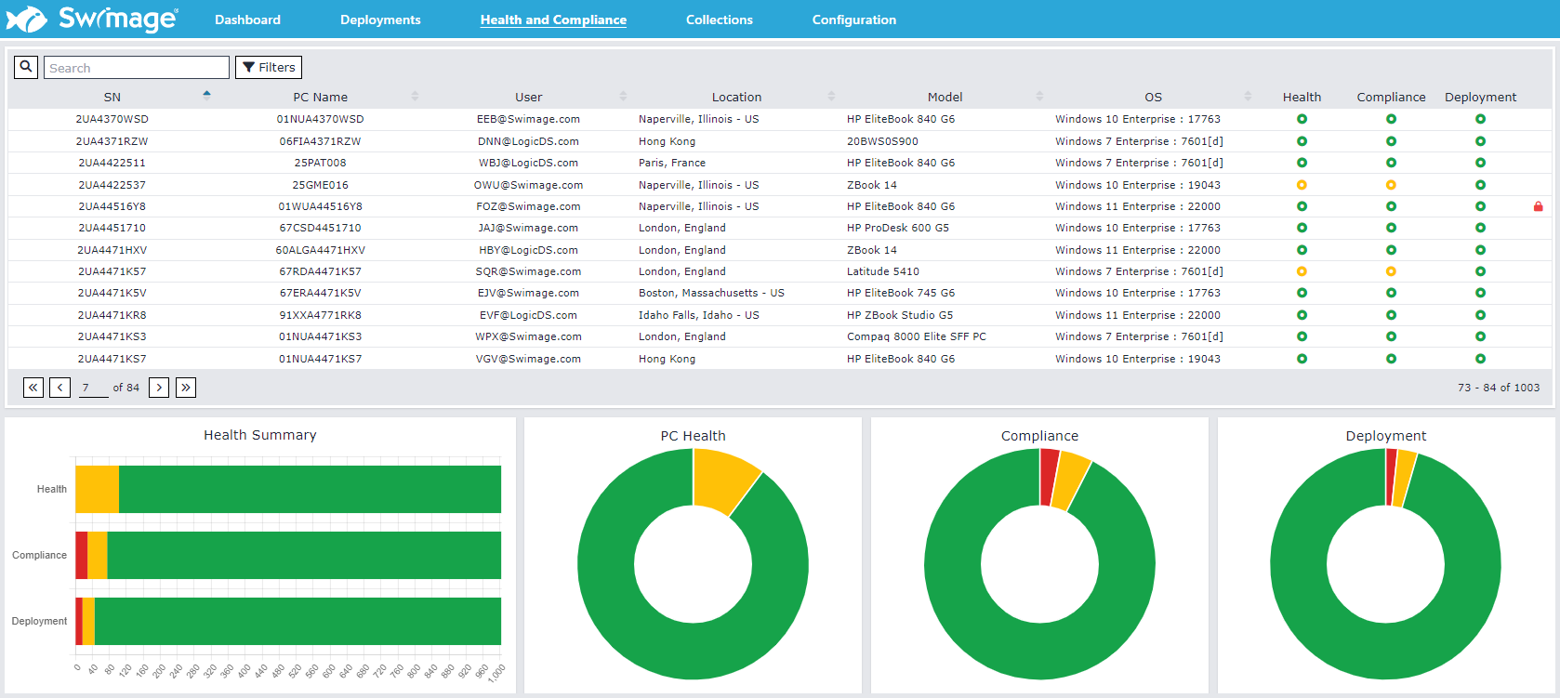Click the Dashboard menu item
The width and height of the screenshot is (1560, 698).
247,20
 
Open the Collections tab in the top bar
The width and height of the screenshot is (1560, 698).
719,20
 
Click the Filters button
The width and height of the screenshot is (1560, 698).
269,67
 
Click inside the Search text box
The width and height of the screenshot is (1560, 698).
136,68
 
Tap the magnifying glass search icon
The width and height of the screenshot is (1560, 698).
26,67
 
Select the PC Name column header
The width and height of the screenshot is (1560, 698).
320,97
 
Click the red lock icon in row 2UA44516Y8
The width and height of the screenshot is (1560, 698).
1538,206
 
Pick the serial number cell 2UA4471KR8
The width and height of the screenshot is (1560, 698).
112,315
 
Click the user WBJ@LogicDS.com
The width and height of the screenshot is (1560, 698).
528,163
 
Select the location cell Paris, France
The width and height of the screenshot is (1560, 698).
671,163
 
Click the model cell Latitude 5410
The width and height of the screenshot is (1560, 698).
882,271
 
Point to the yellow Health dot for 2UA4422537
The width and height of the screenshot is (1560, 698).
1302,185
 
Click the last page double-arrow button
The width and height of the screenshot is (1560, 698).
186,388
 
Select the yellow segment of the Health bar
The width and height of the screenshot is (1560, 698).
97,489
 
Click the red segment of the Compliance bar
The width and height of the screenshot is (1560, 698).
82,555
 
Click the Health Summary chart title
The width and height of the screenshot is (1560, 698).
259,435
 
